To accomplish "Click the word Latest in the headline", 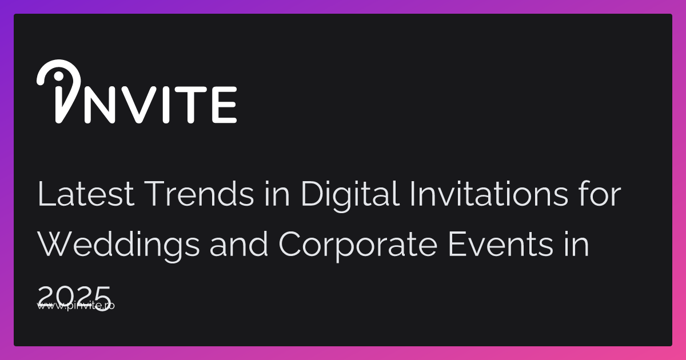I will click(86, 195).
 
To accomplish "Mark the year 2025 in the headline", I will click(74, 294).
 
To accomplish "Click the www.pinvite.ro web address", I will click(76, 306).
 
